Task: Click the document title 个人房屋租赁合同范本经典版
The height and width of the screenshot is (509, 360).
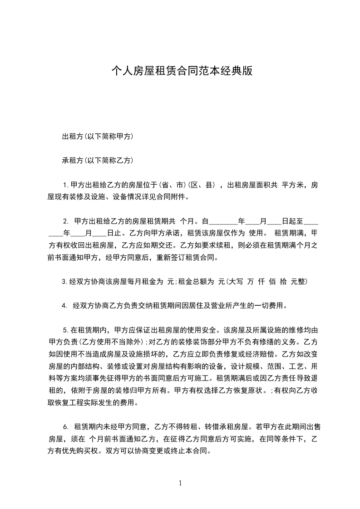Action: pos(182,71)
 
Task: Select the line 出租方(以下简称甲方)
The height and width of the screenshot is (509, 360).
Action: pos(97,136)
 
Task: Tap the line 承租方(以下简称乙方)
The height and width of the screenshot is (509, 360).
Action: pos(97,160)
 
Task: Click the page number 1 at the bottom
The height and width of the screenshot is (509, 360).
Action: pos(180,483)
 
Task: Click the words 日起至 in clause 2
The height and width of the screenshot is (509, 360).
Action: pos(292,221)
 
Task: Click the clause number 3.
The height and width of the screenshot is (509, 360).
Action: pos(64,282)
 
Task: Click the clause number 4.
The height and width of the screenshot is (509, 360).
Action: pos(64,306)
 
